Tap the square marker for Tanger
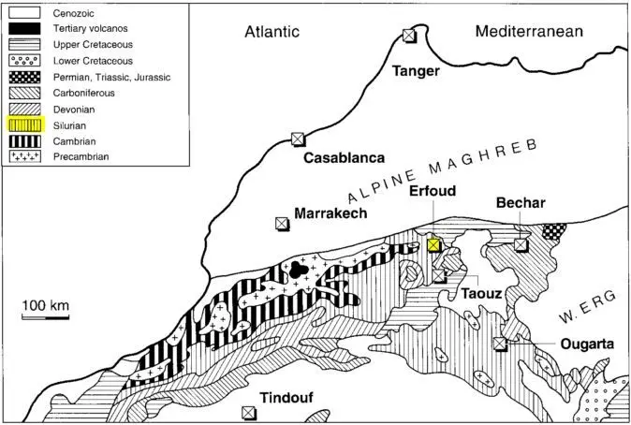coord(408,36)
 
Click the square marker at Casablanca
coord(298,139)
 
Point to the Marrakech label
coord(330,213)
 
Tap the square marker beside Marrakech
coord(281,224)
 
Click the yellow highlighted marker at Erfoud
coord(433,244)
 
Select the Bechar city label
coord(521,203)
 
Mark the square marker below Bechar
coord(521,245)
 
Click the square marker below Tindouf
coord(248,412)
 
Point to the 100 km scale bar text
coord(47,305)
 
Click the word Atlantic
coord(271,32)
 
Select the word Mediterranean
coord(529,31)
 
